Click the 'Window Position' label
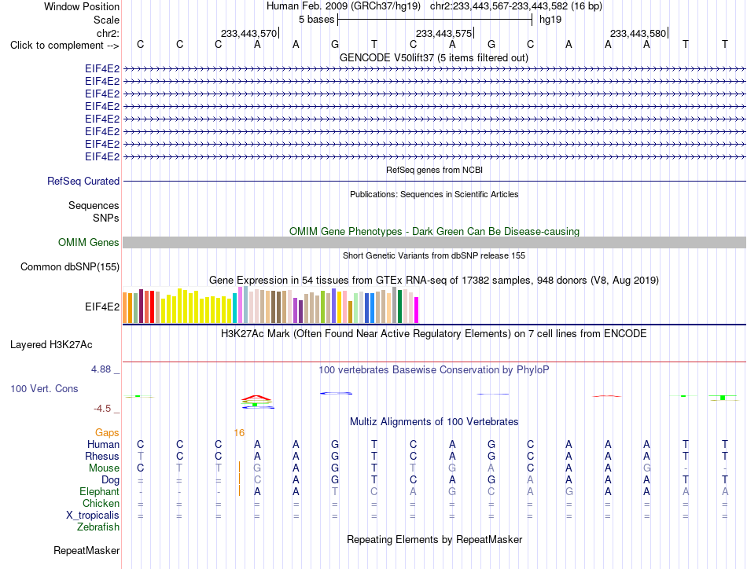82,6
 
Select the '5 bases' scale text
316,20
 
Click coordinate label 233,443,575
443,33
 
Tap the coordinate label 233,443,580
638,33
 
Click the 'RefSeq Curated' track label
83,181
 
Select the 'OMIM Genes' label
89,242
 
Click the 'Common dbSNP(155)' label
70,266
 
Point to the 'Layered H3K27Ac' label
51,345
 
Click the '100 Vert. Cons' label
44,388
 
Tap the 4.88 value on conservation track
101,369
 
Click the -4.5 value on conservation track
102,409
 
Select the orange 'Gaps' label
107,432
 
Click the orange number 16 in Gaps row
239,432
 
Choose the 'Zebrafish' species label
98,527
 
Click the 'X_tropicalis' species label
93,516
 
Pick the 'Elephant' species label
100,491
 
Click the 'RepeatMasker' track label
86,550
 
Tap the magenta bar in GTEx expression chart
417,310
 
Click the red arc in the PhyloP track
256,398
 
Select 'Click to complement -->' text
64,46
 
